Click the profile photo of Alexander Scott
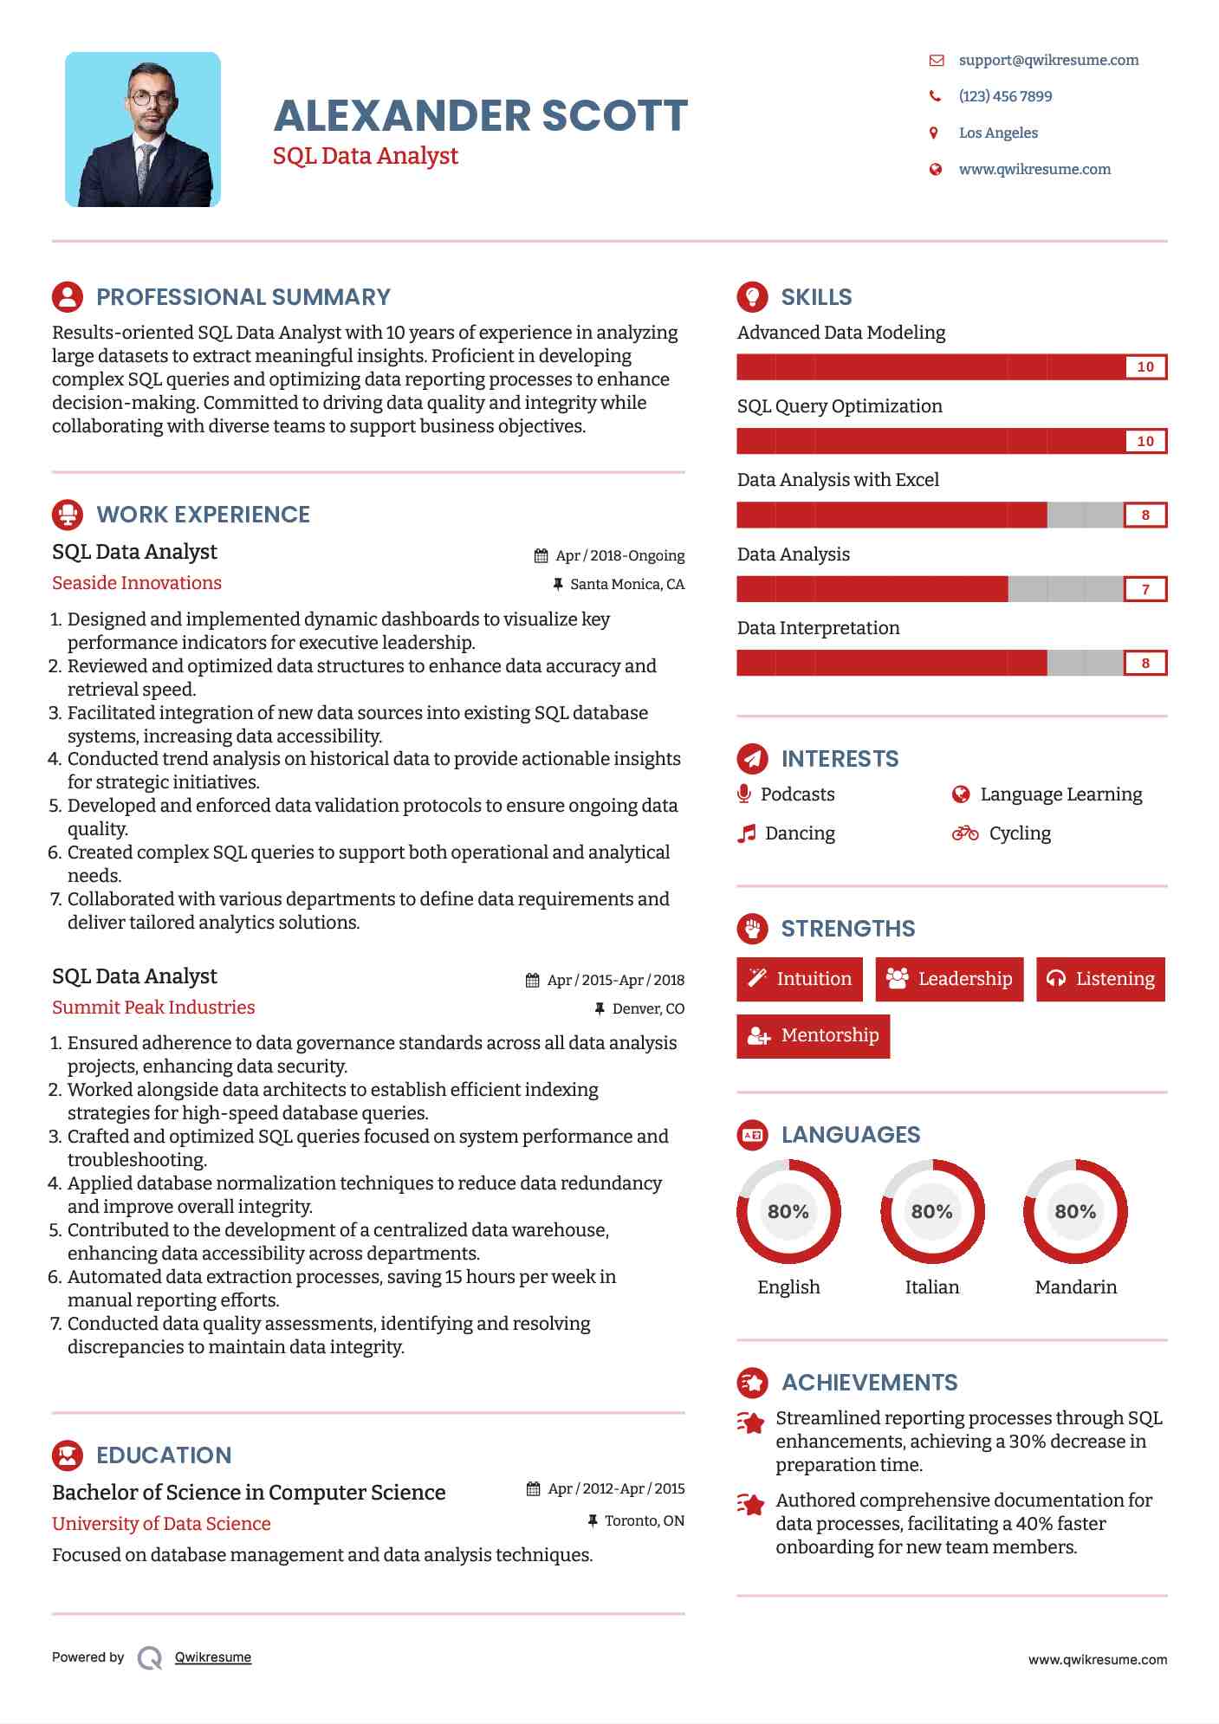pyautogui.click(x=143, y=130)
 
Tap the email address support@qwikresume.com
pyautogui.click(x=1048, y=60)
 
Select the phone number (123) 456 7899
pyautogui.click(x=1005, y=96)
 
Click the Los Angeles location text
pyautogui.click(x=998, y=133)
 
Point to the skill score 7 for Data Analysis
pyautogui.click(x=1145, y=589)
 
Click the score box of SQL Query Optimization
pyautogui.click(x=1145, y=441)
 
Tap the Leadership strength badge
pyautogui.click(x=950, y=979)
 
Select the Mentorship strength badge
pyautogui.click(x=813, y=1035)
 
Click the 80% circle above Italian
pyautogui.click(x=932, y=1211)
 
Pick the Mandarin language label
pyautogui.click(x=1076, y=1287)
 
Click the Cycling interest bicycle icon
pyautogui.click(x=965, y=833)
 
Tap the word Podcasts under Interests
pyautogui.click(x=797, y=794)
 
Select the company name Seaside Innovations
pyautogui.click(x=137, y=583)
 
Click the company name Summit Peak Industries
pyautogui.click(x=153, y=1008)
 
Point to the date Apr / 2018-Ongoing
pyautogui.click(x=619, y=555)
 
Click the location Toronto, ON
pyautogui.click(x=644, y=1520)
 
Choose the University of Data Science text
pyautogui.click(x=161, y=1524)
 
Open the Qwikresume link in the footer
pyautogui.click(x=213, y=1657)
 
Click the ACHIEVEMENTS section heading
pyautogui.click(x=869, y=1383)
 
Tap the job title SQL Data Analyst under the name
pyautogui.click(x=366, y=156)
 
